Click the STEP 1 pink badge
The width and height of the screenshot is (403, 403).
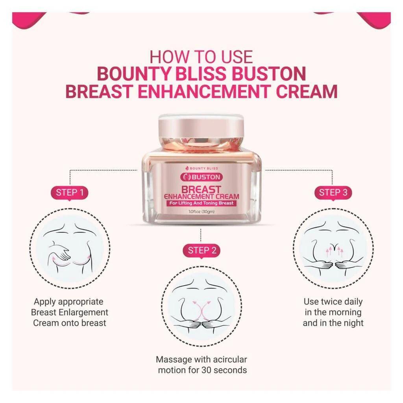pyautogui.click(x=70, y=193)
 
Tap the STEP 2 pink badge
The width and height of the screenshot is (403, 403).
pyautogui.click(x=201, y=250)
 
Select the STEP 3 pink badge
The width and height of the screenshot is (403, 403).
pyautogui.click(x=333, y=192)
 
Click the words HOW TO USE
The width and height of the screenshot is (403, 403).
pyautogui.click(x=201, y=57)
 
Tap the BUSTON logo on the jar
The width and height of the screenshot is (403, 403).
pyautogui.click(x=201, y=177)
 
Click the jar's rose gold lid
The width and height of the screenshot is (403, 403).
pyautogui.click(x=201, y=130)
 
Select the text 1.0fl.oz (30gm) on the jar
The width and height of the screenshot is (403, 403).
pyautogui.click(x=201, y=212)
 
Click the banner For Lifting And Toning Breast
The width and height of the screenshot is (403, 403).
pyautogui.click(x=201, y=203)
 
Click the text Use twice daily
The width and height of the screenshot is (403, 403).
pyautogui.click(x=333, y=302)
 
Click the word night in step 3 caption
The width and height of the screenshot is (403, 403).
pyautogui.click(x=353, y=323)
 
